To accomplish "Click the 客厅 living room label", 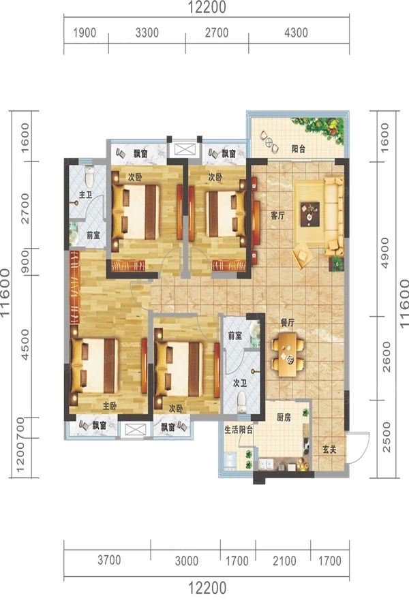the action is pyautogui.click(x=277, y=215).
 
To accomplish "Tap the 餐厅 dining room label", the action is pyautogui.click(x=287, y=323).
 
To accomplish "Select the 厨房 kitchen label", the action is pyautogui.click(x=284, y=418).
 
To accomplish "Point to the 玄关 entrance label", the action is pyautogui.click(x=329, y=450).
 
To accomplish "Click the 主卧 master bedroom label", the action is pyautogui.click(x=110, y=407).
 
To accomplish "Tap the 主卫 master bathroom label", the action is pyautogui.click(x=85, y=194).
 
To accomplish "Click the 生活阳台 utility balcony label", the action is pyautogui.click(x=239, y=430).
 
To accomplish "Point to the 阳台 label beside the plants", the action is pyautogui.click(x=299, y=148).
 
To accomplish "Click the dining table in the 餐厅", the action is pyautogui.click(x=288, y=354).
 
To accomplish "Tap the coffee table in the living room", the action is pyautogui.click(x=309, y=214).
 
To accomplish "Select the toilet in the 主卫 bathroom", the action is pyautogui.click(x=89, y=176).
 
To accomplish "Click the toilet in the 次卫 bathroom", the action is pyautogui.click(x=242, y=402).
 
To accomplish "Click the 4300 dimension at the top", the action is pyautogui.click(x=296, y=33).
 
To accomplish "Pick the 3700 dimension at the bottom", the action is pyautogui.click(x=109, y=560).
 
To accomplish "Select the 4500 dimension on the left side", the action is pyautogui.click(x=25, y=345).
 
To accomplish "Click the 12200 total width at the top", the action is pyautogui.click(x=207, y=7).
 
